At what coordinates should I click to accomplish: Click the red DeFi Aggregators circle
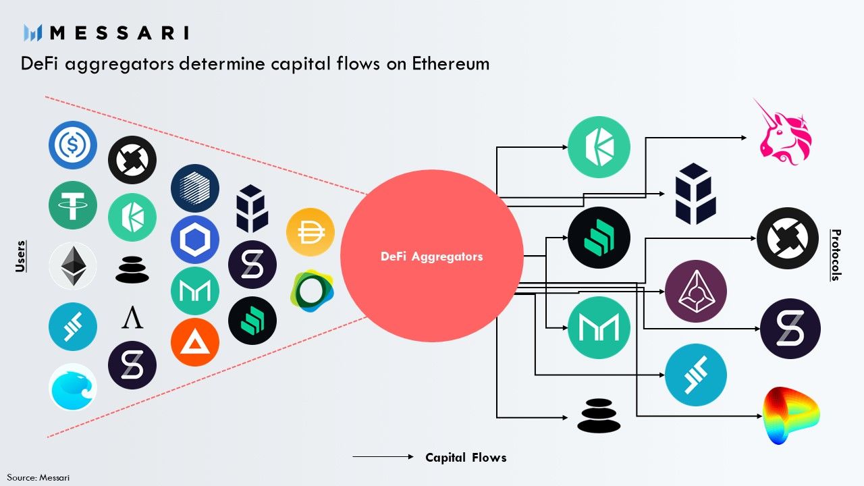432,256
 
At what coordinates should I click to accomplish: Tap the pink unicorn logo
785,131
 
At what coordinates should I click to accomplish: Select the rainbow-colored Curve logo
790,415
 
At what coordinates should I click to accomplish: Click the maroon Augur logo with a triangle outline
696,291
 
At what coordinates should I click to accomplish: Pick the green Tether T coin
73,205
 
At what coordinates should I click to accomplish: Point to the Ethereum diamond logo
73,267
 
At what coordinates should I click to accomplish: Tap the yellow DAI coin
310,232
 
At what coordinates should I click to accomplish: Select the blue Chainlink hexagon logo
195,240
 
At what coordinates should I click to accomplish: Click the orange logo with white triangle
195,342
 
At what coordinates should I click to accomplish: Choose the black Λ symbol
132,317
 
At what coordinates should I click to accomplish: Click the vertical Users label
20,256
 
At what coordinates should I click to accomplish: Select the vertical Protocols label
836,255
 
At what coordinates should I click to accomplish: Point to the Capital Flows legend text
466,458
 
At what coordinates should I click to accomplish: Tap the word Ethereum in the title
451,65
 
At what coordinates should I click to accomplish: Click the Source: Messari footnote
38,477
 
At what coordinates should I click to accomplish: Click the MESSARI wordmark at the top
119,32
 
